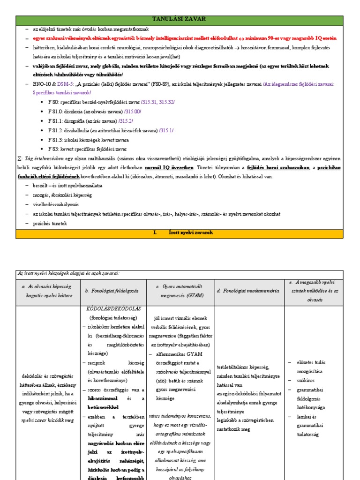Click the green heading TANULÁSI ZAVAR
click(180, 19)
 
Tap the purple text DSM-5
click(65, 84)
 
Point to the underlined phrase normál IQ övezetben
click(168, 167)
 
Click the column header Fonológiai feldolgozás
click(112, 291)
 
